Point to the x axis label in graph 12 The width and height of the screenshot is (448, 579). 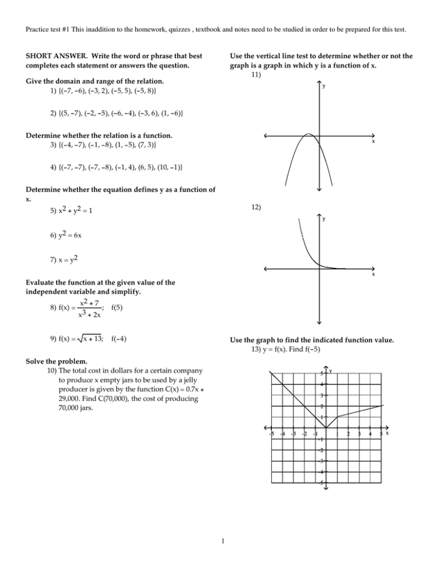click(373, 275)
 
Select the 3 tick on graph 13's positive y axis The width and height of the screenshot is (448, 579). click(321, 396)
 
